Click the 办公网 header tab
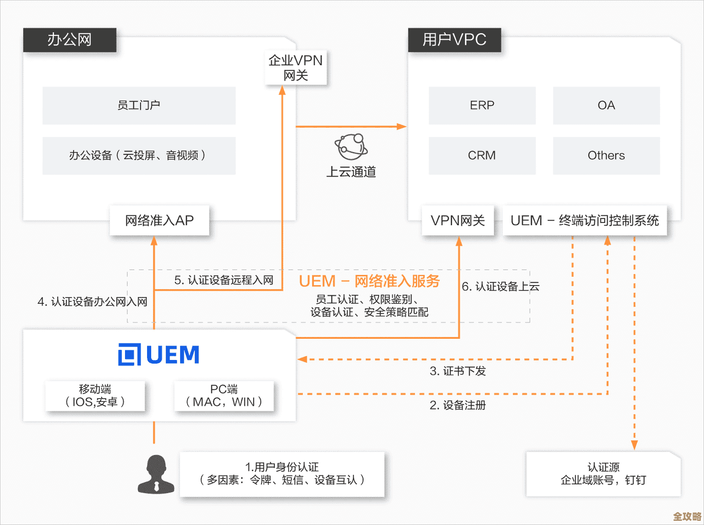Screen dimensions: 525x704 click(69, 40)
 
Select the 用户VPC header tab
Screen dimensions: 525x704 click(454, 40)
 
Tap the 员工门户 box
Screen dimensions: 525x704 click(139, 105)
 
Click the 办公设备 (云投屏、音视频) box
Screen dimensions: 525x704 click(139, 155)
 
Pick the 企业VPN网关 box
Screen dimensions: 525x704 click(295, 68)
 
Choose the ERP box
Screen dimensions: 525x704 click(482, 105)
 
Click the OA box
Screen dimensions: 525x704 click(606, 105)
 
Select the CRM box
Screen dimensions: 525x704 click(482, 155)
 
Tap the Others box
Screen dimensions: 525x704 click(606, 155)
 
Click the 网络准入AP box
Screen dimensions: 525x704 click(159, 221)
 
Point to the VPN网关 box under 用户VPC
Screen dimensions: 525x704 click(458, 221)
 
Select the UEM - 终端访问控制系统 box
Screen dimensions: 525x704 click(585, 221)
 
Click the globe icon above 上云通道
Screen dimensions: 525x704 click(351, 146)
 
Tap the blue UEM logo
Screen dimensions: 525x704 click(159, 354)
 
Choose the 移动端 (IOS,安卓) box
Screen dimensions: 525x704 click(95, 396)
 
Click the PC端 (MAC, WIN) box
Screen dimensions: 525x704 click(224, 396)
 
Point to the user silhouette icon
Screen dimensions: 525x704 click(156, 474)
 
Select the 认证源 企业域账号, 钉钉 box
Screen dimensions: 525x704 click(603, 474)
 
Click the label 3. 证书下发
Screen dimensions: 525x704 click(458, 371)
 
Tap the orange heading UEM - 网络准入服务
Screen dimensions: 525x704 click(369, 281)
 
